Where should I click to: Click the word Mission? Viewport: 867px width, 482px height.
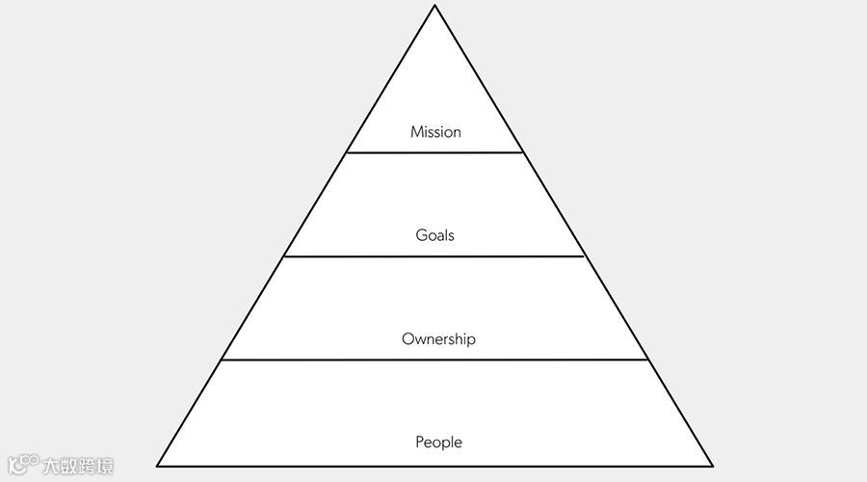pyautogui.click(x=435, y=132)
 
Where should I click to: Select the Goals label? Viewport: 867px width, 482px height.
pyautogui.click(x=434, y=235)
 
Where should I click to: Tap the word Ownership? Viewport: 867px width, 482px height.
pyautogui.click(x=438, y=339)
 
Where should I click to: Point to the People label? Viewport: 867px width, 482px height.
pyautogui.click(x=438, y=442)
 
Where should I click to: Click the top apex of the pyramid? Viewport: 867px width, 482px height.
pyautogui.click(x=434, y=6)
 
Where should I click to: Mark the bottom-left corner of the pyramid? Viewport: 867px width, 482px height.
pyautogui.click(x=158, y=466)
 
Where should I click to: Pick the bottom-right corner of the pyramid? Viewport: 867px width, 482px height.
pyautogui.click(x=712, y=466)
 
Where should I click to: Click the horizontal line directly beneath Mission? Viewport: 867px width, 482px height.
pyautogui.click(x=434, y=152)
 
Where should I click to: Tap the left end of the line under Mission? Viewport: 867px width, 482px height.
pyautogui.click(x=347, y=152)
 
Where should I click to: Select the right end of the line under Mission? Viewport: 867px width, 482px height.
pyautogui.click(x=523, y=152)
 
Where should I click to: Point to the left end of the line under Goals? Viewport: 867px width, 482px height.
pyautogui.click(x=284, y=256)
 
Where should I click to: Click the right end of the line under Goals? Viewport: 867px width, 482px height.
pyautogui.click(x=585, y=256)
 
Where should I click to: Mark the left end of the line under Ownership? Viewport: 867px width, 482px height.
pyautogui.click(x=222, y=360)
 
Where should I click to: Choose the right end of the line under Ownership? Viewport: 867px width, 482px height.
pyautogui.click(x=647, y=360)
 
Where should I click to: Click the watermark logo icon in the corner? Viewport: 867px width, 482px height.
pyautogui.click(x=22, y=465)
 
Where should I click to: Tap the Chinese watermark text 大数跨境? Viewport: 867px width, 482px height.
pyautogui.click(x=77, y=466)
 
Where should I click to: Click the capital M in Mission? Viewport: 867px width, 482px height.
pyautogui.click(x=416, y=132)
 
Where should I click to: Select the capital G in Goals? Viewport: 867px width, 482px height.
pyautogui.click(x=421, y=235)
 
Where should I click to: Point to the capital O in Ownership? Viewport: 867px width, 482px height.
pyautogui.click(x=407, y=339)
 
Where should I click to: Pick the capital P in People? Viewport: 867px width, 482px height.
pyautogui.click(x=420, y=442)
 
